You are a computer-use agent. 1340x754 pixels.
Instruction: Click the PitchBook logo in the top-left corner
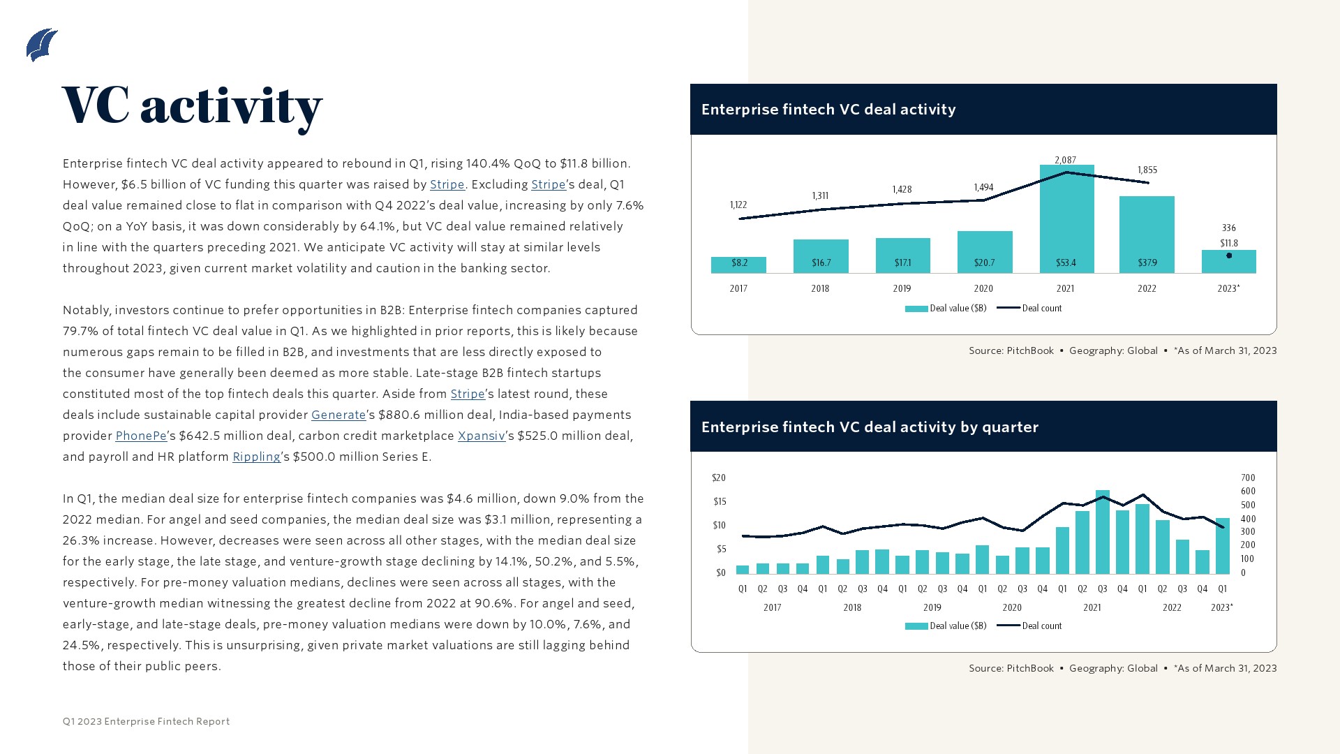click(x=42, y=45)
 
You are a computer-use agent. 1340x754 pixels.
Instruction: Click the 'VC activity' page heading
click(x=192, y=106)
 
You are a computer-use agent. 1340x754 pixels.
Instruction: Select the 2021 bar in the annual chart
click(x=1066, y=219)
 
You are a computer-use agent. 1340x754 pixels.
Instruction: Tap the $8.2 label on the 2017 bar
click(x=739, y=263)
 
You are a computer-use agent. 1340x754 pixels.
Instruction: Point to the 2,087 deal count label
click(x=1065, y=160)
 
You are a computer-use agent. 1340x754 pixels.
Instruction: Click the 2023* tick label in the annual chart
click(x=1228, y=288)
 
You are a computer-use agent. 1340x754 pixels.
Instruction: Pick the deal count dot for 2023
click(x=1229, y=256)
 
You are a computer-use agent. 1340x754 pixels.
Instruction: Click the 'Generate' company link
click(x=338, y=415)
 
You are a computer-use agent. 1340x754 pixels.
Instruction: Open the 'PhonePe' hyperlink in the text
click(x=141, y=436)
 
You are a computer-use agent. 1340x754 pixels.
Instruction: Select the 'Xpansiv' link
click(x=481, y=436)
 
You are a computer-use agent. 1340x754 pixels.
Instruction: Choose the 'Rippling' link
click(x=256, y=457)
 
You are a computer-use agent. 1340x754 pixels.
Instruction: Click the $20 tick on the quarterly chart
click(x=719, y=478)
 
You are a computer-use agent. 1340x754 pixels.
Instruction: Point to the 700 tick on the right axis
click(x=1248, y=478)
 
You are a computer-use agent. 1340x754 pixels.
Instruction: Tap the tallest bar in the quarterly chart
click(x=1103, y=531)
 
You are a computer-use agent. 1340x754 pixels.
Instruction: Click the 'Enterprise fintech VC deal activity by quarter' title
click(x=870, y=427)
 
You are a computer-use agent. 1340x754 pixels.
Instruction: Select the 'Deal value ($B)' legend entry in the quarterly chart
click(x=946, y=626)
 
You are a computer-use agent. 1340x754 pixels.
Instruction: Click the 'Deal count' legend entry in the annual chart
click(x=1030, y=308)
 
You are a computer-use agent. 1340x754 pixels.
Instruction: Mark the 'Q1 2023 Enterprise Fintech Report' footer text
click(x=146, y=721)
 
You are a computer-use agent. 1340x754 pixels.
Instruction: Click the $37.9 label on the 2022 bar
click(x=1147, y=263)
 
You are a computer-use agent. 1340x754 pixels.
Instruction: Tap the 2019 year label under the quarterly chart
click(x=932, y=607)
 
